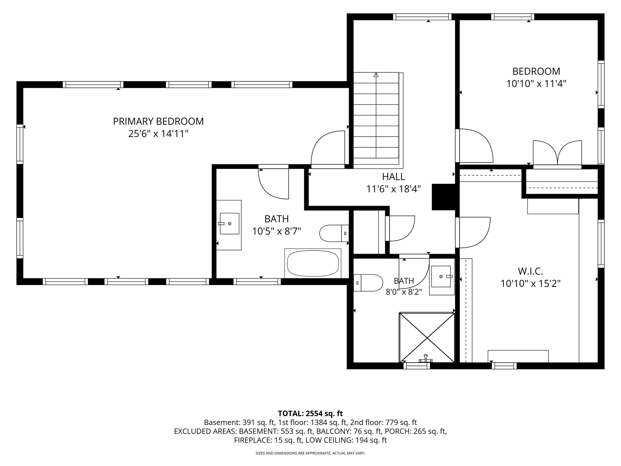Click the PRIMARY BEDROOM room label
coord(158,121)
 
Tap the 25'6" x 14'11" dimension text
coord(158,134)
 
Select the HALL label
coord(393,177)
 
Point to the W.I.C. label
coord(530,271)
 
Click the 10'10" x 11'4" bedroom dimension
coord(536,84)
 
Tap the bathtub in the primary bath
coord(313,263)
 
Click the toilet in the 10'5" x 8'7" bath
coord(334,233)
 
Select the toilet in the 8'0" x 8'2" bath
coord(368,283)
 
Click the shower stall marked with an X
coord(427,337)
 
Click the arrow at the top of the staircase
coord(376,75)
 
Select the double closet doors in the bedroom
coord(557,154)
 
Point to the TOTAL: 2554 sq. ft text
coord(310,414)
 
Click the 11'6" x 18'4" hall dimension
coord(393,189)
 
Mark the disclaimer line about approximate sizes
coord(310,453)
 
